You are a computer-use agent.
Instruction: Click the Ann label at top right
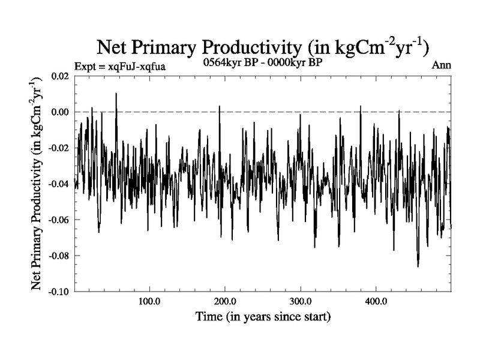click(x=441, y=65)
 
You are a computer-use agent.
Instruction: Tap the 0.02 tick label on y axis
click(x=59, y=76)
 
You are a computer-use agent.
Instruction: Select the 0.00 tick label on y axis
click(x=59, y=112)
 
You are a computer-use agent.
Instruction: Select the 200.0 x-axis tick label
click(x=224, y=301)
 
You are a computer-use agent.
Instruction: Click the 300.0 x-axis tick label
click(x=300, y=301)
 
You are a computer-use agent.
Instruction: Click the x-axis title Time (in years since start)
click(x=263, y=316)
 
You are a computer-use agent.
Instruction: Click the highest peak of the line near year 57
click(x=116, y=94)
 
